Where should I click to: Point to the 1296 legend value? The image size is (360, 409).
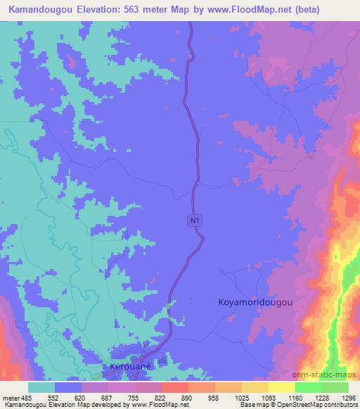(347, 398)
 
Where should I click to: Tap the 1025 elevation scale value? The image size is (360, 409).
(241, 398)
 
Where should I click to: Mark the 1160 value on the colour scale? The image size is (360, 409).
(295, 398)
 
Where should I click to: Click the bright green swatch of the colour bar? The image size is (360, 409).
(308, 387)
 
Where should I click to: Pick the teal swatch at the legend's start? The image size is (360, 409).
(41, 387)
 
